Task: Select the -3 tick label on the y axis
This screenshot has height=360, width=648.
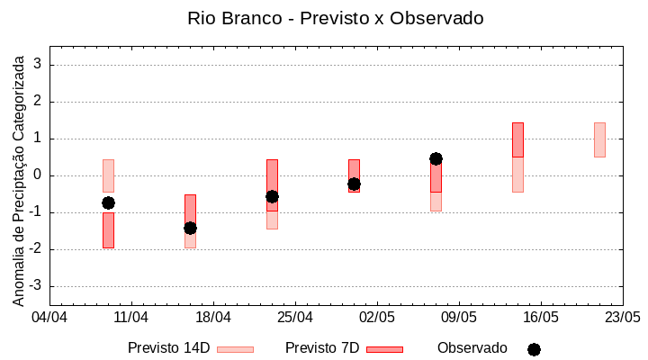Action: point(37,286)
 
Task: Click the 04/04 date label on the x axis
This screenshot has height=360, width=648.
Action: point(49,318)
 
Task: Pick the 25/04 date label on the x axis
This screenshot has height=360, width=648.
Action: point(294,318)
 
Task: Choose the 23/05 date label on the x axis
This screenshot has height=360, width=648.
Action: point(622,318)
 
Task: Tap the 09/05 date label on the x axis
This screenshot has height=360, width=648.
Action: point(458,318)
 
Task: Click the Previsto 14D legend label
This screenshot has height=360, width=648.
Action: point(168,348)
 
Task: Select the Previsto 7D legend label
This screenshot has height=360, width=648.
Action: point(322,348)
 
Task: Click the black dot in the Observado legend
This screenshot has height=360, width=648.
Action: point(534,349)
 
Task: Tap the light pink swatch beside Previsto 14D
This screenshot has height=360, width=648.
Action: point(235,349)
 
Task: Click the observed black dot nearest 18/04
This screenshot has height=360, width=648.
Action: point(190,228)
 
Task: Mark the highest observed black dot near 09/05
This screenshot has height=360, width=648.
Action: point(436,158)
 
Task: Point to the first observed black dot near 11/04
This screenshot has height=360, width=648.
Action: point(108,202)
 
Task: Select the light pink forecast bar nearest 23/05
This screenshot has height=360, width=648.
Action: point(599,139)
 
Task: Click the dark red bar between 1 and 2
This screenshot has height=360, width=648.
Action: point(517,139)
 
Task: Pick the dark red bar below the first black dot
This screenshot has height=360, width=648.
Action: point(108,230)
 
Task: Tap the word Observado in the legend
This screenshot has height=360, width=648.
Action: point(472,348)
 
